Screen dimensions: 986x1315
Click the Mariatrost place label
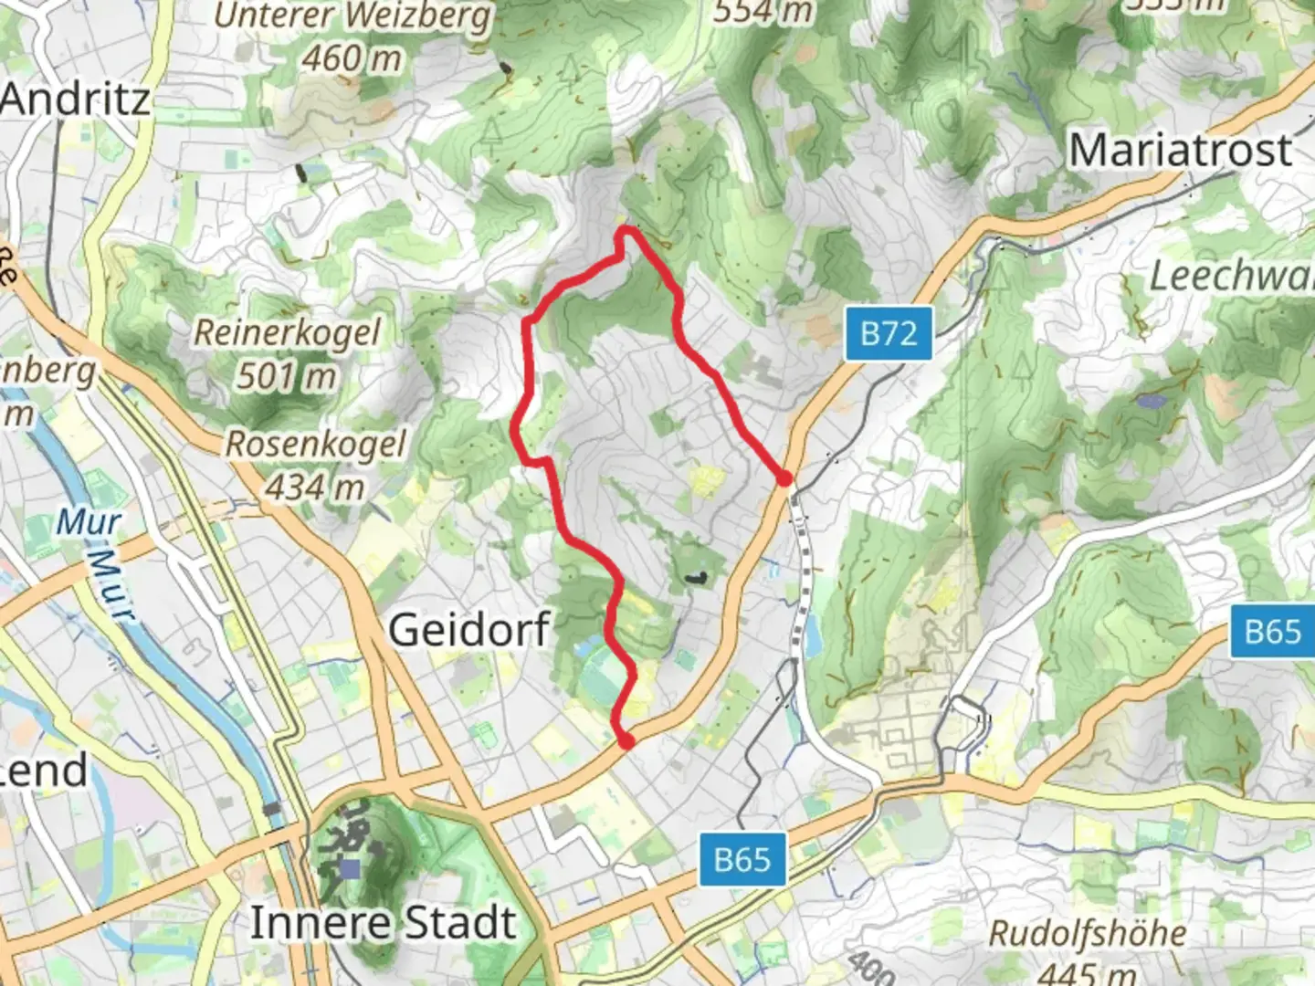1181,150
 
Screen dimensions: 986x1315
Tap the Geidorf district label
469,630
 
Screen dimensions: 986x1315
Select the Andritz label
75,99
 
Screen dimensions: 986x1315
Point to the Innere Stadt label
384,922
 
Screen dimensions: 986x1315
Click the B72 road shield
888,334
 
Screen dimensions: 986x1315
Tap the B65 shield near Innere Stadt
742,859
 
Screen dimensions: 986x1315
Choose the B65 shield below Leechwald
1273,631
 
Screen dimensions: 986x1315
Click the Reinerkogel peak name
287,331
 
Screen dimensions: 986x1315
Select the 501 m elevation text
287,375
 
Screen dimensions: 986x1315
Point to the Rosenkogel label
316,444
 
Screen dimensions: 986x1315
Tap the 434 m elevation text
316,488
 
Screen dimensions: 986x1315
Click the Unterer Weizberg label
352,17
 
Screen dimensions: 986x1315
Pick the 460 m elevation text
352,59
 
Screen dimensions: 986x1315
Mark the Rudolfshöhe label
1088,933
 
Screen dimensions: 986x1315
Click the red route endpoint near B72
784,478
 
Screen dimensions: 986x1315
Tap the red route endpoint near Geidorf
626,742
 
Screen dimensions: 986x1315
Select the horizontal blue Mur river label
88,522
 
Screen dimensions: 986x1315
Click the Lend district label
44,771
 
